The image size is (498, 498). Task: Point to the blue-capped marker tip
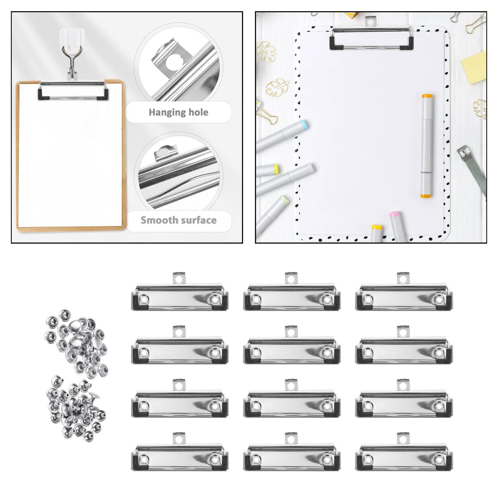[304, 126]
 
